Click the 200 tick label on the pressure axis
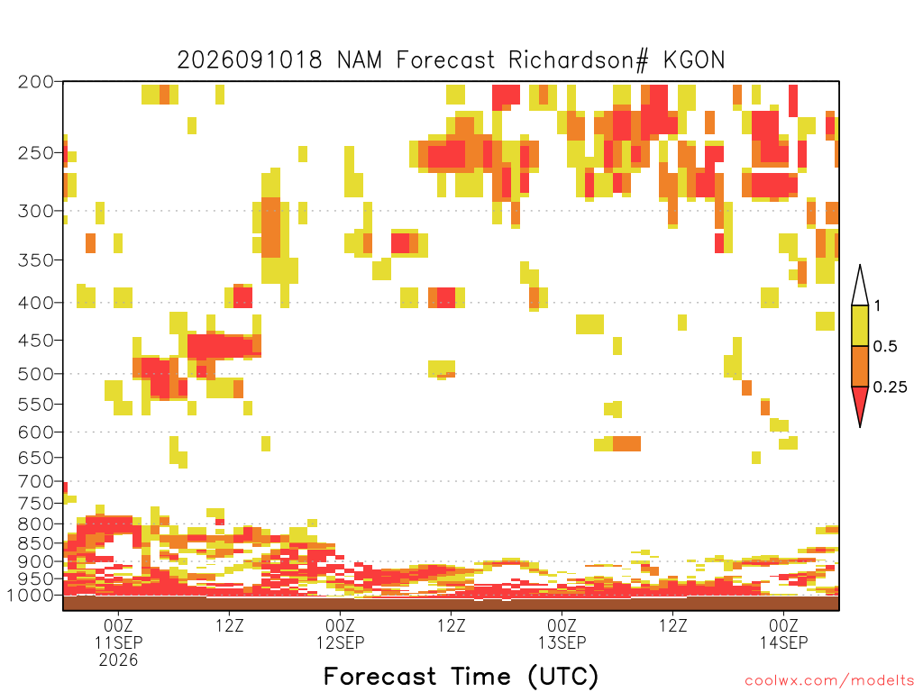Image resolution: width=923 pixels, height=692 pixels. pos(35,82)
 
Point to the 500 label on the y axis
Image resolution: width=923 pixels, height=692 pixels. pos(35,374)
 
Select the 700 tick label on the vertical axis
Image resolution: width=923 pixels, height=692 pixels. pos(35,482)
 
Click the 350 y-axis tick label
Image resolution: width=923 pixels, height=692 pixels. pos(35,260)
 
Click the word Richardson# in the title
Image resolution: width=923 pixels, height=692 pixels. pos(579,60)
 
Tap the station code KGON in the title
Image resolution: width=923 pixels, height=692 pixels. pos(694,60)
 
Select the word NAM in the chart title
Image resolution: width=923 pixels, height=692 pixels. pos(359,60)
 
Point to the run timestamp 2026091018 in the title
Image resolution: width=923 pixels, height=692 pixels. pos(250,60)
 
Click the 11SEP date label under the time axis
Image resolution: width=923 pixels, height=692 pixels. pos(118,642)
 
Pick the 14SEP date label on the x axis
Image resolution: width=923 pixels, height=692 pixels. pos(783,642)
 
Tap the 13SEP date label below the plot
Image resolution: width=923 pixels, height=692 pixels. pos(562,642)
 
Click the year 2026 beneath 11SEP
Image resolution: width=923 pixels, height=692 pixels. pos(118,660)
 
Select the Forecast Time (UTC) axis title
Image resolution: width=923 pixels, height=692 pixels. pos(461,676)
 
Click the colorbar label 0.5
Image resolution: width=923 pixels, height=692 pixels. pos(885,347)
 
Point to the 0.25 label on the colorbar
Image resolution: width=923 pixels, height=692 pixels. pos(890,387)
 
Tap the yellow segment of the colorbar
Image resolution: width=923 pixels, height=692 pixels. pos(860,325)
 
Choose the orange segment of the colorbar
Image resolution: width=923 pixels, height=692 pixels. pos(860,366)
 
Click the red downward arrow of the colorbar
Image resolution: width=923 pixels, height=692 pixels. pos(860,404)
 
